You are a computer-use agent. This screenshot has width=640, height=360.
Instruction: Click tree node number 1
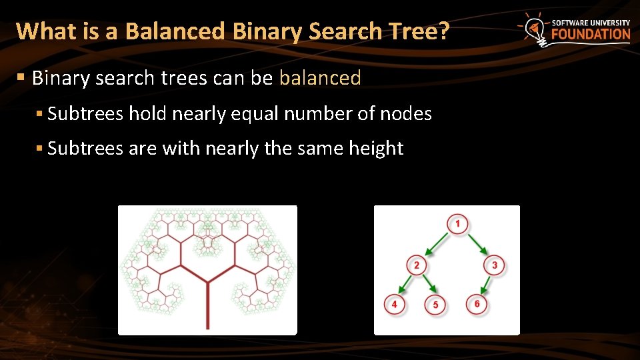click(457, 223)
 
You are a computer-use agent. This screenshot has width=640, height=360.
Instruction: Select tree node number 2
click(417, 265)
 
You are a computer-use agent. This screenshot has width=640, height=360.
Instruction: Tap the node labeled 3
click(494, 265)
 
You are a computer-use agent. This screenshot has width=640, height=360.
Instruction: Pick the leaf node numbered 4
click(395, 304)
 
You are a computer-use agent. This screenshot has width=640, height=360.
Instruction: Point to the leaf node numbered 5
click(435, 305)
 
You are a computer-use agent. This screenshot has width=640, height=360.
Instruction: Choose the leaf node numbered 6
click(477, 304)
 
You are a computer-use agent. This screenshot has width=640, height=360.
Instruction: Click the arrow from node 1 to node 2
click(437, 244)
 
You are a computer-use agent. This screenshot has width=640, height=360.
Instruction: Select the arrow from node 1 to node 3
click(476, 244)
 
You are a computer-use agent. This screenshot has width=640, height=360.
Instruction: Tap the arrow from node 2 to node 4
click(405, 285)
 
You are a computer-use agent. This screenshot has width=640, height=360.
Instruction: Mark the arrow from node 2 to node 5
click(427, 285)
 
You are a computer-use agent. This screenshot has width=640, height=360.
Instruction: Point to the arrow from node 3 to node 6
click(485, 285)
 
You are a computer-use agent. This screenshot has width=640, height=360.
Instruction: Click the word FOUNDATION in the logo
click(590, 35)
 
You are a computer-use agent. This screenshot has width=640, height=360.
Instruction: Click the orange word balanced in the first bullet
click(320, 79)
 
